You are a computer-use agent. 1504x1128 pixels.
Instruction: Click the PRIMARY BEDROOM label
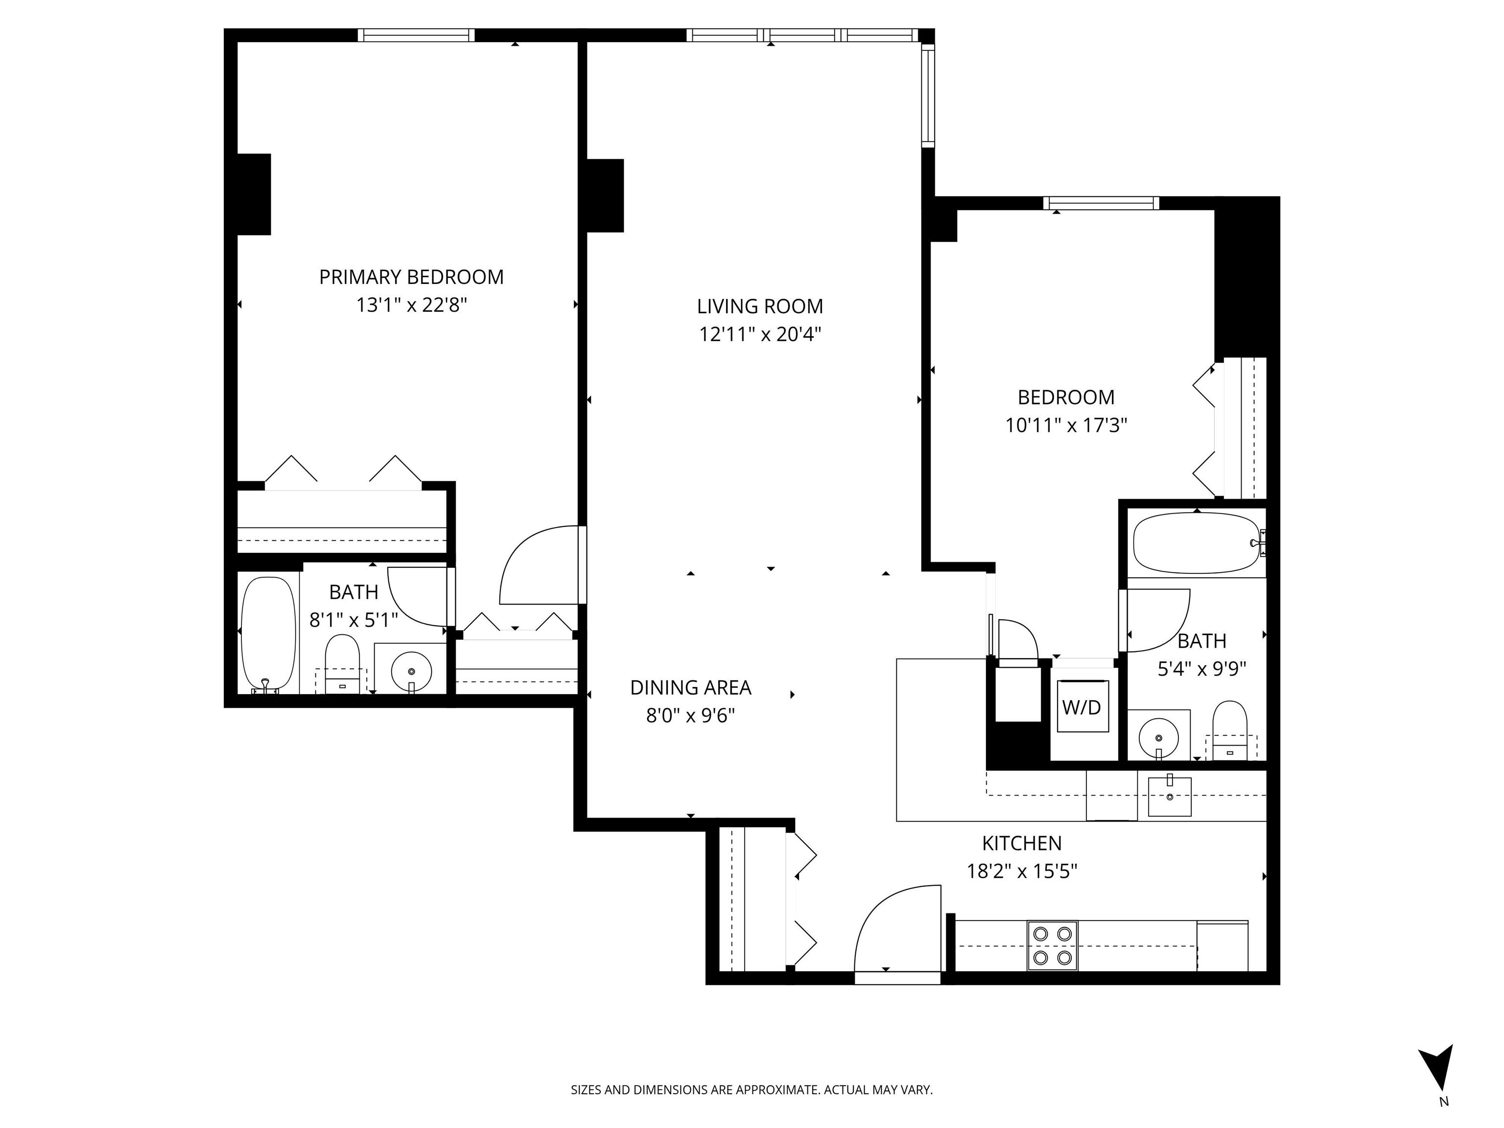pos(411,278)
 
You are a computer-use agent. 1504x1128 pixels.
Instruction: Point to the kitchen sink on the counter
pos(1170,796)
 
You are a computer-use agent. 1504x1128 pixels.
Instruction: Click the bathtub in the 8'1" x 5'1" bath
pos(269,633)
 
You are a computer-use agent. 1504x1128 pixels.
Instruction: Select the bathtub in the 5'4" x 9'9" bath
pos(1195,542)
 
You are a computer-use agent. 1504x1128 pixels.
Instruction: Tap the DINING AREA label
pos(690,688)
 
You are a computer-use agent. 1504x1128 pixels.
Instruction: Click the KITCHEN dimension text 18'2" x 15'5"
pos(1021,871)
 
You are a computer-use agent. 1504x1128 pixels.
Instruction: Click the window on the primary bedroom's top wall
pos(416,35)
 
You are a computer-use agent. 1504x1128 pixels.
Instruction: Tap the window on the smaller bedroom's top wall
pos(1101,203)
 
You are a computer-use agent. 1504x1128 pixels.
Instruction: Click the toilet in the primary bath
pos(342,663)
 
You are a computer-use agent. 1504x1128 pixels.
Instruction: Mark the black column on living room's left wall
pos(605,195)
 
